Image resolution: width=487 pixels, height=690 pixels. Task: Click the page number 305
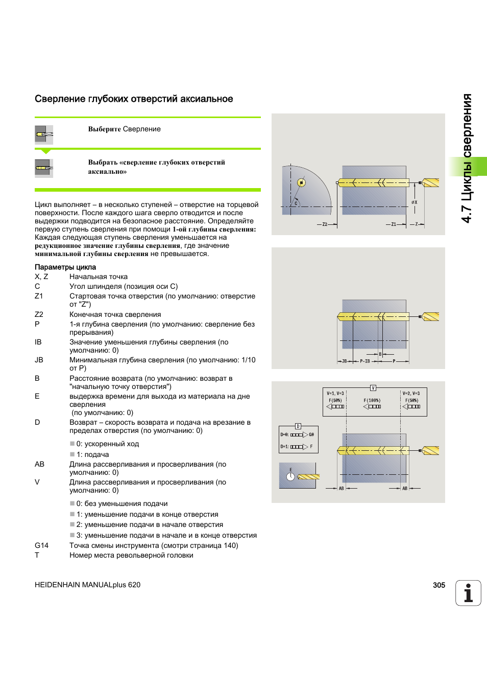[x=439, y=585]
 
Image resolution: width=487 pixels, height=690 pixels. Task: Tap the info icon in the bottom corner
[x=468, y=593]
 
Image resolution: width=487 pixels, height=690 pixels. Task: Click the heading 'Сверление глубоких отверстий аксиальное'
[x=134, y=99]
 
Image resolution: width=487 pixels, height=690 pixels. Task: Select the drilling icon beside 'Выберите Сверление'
[x=44, y=134]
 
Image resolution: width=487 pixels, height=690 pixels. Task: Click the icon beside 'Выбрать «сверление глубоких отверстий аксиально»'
[x=44, y=167]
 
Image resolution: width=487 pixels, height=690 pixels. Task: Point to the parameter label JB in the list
[x=39, y=360]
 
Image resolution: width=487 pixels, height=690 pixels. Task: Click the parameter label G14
[x=41, y=545]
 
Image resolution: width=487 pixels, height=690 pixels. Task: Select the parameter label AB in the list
[x=39, y=464]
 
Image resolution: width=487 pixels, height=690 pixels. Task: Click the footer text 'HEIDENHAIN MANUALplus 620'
[x=87, y=585]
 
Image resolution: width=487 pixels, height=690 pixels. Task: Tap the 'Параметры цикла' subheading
[x=65, y=267]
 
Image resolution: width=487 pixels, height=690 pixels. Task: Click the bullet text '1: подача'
[x=92, y=454]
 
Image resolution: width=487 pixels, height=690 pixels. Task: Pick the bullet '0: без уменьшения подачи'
[x=122, y=503]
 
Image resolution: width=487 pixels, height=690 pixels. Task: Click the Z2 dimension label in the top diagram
[x=325, y=224]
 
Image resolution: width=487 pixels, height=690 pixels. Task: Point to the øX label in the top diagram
[x=414, y=202]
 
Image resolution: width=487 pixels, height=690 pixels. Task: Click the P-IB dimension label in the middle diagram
[x=364, y=361]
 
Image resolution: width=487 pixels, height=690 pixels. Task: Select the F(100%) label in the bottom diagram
[x=372, y=400]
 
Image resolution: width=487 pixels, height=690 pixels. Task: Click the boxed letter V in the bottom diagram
[x=373, y=388]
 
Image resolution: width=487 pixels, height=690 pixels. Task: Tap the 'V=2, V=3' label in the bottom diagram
[x=411, y=394]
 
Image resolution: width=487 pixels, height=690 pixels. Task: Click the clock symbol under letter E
[x=290, y=477]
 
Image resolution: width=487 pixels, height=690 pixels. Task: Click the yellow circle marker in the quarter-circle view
[x=301, y=182]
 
